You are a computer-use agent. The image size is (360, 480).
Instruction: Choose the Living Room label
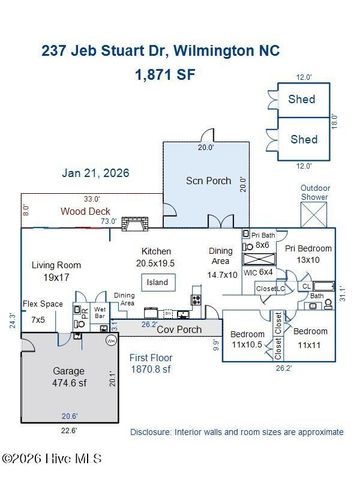[x=56, y=271]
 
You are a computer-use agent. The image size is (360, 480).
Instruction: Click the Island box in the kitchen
[x=157, y=282]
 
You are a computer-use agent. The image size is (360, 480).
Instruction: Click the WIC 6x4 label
[x=262, y=270]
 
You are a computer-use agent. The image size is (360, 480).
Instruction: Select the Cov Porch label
[x=181, y=329]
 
